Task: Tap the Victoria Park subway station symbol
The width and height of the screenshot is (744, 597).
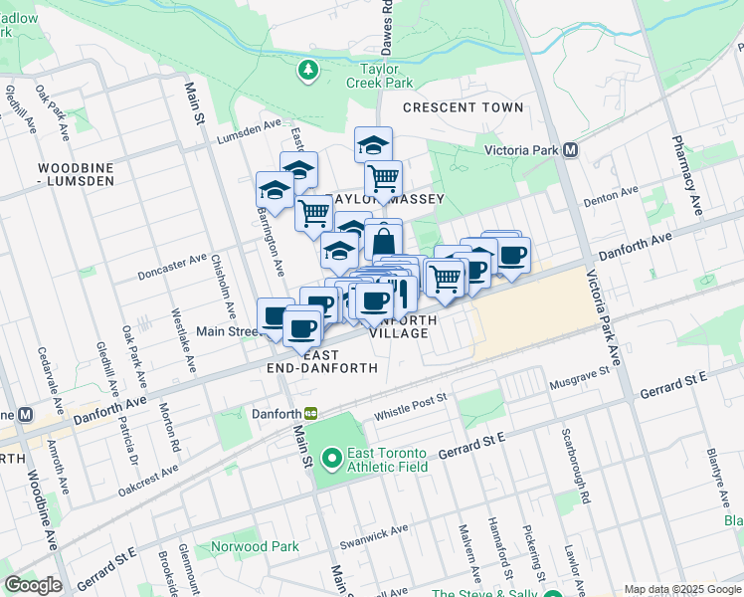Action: pos(571,150)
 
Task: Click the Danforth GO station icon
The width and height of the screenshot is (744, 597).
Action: pos(311,414)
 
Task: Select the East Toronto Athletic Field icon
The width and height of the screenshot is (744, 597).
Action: pos(330,459)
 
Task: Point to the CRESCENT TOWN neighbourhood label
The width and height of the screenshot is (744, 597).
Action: pos(463,107)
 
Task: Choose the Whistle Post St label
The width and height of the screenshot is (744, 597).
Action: pos(411,407)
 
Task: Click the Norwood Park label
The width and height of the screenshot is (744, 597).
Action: pos(255,546)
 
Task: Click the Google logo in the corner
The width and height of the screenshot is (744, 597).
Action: pos(33,585)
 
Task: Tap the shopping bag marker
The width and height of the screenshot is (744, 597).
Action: pos(383,241)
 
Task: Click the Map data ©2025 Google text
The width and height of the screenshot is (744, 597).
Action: pos(682,589)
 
